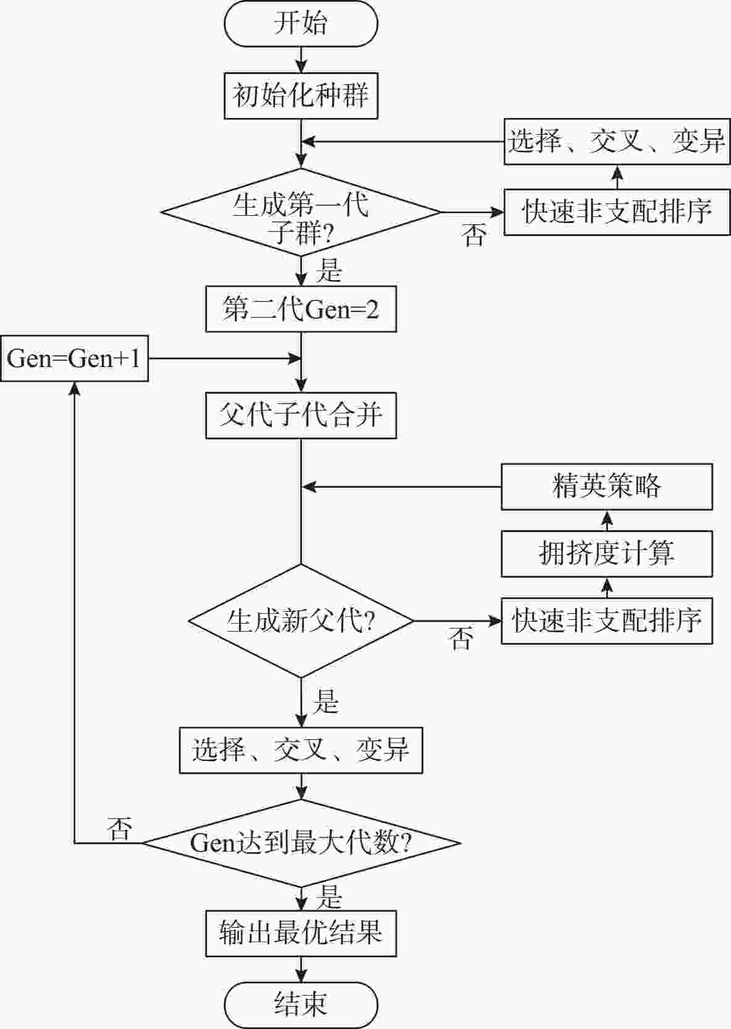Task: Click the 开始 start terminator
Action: tap(300, 24)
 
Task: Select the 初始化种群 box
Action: tap(300, 96)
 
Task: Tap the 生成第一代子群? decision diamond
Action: tap(300, 212)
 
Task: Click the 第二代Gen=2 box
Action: tap(300, 309)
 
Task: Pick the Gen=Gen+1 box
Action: tap(74, 358)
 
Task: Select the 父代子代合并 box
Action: tap(300, 415)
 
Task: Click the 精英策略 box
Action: tap(606, 487)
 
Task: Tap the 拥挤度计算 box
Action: tap(606, 554)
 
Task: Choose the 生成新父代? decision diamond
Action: tap(300, 620)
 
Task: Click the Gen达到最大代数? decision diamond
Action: tap(300, 842)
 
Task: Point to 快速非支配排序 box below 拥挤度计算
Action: tap(606, 620)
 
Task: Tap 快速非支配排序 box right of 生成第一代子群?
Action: tap(617, 212)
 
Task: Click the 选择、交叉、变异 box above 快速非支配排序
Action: tap(617, 142)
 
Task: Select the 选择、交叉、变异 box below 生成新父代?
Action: tap(300, 750)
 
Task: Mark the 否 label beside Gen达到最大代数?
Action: tap(120, 828)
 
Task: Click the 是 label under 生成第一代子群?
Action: tap(328, 270)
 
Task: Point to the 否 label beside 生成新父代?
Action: tap(461, 638)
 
